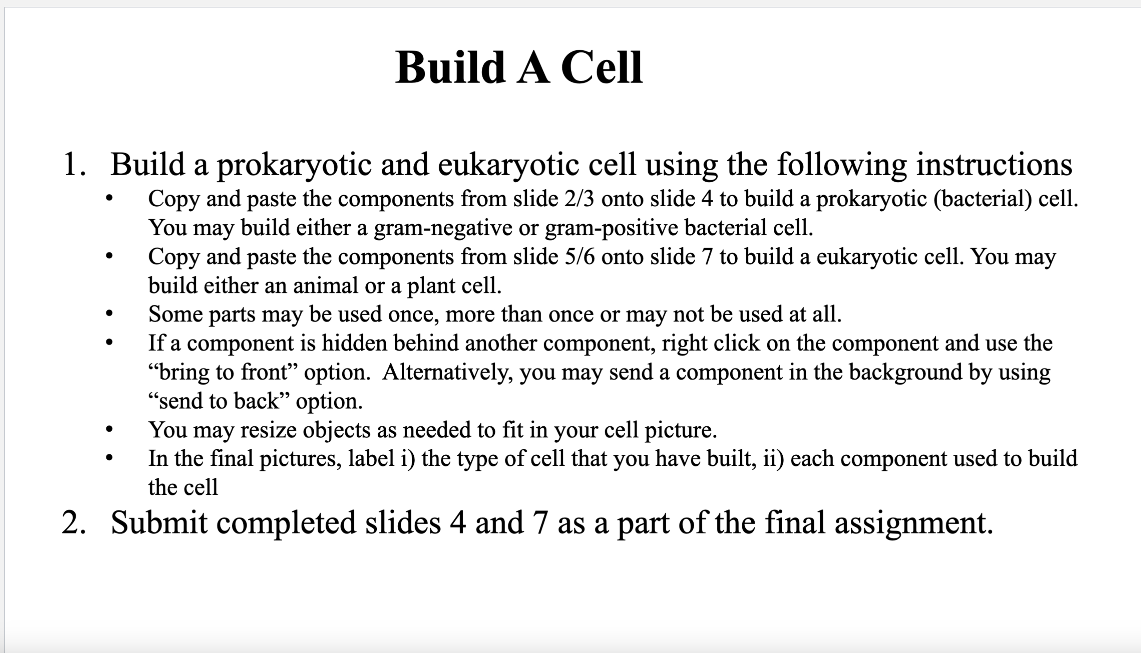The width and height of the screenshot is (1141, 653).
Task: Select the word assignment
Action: [x=914, y=523]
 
